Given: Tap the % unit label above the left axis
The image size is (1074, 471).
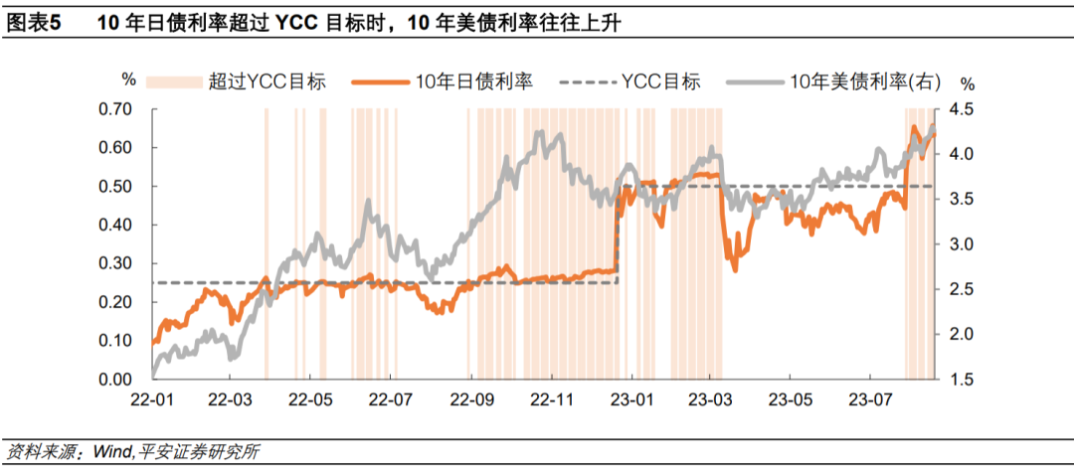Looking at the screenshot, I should tap(128, 79).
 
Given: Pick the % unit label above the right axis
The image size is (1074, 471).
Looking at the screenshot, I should tap(968, 83).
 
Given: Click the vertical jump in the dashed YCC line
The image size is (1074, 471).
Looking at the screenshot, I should tap(619, 235).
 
